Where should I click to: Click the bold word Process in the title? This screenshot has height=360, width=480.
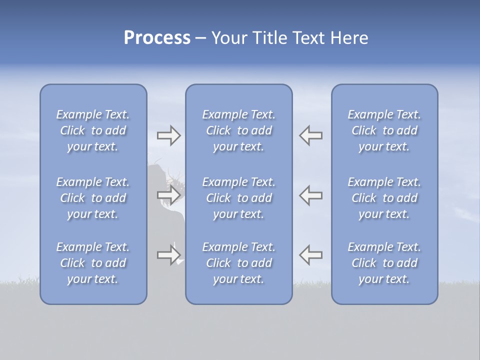click(157, 38)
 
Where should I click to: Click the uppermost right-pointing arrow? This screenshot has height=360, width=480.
click(168, 135)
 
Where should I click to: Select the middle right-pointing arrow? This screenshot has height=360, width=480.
click(168, 195)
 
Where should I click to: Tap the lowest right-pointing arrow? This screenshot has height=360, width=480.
click(168, 255)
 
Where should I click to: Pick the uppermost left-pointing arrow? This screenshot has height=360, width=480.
click(310, 135)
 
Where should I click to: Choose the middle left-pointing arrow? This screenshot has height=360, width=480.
click(310, 195)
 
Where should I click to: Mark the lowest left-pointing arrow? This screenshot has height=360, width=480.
click(310, 255)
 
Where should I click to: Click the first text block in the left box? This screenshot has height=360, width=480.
click(93, 130)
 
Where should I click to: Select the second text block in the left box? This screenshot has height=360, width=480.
click(93, 198)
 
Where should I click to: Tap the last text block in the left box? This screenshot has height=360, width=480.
click(93, 263)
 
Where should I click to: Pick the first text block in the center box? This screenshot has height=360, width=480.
click(238, 130)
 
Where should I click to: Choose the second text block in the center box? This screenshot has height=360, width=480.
click(238, 198)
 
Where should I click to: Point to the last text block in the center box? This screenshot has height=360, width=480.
click(238, 263)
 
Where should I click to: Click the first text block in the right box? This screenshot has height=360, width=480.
click(384, 130)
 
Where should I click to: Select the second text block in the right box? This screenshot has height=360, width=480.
click(384, 198)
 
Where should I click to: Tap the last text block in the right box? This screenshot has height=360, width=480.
click(384, 263)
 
